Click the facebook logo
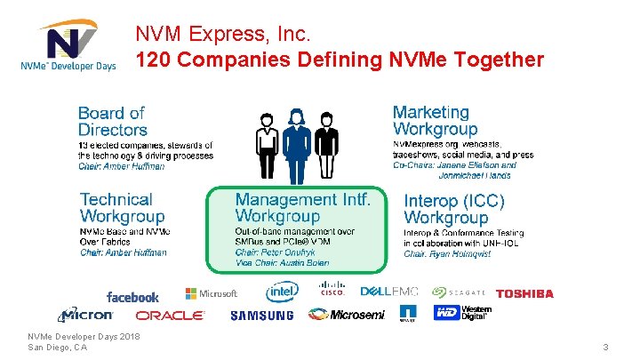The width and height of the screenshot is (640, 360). [x=132, y=297]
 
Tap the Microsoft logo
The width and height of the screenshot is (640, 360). [x=212, y=293]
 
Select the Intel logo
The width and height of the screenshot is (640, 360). [x=282, y=292]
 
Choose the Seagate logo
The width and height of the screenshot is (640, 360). [x=459, y=292]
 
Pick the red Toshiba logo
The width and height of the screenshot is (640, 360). [x=524, y=293]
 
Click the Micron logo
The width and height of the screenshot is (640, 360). [x=86, y=315]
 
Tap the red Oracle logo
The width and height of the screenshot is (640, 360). [x=170, y=316]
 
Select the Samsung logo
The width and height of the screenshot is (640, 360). [x=261, y=316]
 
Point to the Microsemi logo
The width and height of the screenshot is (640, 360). [x=347, y=315]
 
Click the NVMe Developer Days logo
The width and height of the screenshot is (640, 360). [x=68, y=44]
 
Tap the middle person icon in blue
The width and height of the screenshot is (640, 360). [x=297, y=146]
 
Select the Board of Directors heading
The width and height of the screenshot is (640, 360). [x=112, y=121]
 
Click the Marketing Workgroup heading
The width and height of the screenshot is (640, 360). [x=435, y=121]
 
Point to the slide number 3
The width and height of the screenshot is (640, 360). [x=605, y=347]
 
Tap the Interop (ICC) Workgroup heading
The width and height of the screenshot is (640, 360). [x=454, y=209]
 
